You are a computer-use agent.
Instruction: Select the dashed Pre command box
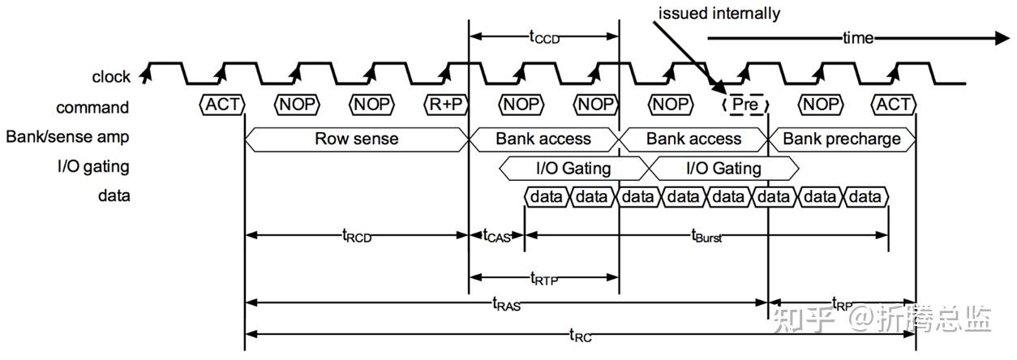point(744,105)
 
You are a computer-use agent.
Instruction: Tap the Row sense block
point(357,139)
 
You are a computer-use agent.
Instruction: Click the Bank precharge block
point(841,139)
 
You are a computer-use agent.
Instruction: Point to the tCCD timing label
point(544,36)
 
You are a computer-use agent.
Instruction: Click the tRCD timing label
point(357,236)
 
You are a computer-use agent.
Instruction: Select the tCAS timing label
point(497,236)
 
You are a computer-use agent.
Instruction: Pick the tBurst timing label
point(706,236)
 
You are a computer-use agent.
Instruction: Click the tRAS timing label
point(506,304)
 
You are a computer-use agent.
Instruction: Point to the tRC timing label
point(580,334)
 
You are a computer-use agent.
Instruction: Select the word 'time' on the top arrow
point(858,38)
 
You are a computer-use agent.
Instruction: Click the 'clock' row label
point(111,77)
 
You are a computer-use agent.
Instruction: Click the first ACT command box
point(222,105)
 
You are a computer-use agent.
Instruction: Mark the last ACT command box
point(893,105)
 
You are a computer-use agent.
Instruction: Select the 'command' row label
point(92,107)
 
